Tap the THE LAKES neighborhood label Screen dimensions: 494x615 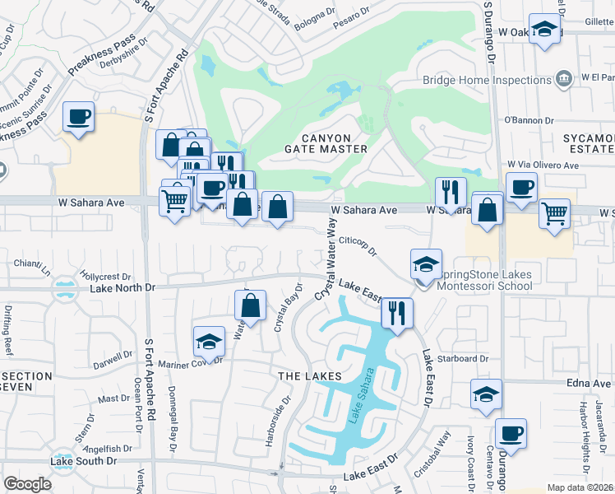tap(309, 376)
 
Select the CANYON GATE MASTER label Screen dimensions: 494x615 tap(326, 143)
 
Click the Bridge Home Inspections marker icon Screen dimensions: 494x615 tap(564, 80)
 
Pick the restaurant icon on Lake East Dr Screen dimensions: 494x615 tap(397, 314)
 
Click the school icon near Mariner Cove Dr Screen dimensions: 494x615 tap(210, 342)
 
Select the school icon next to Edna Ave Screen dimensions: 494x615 tap(487, 394)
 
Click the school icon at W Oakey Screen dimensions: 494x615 tap(544, 30)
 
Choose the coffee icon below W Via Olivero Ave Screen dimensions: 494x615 tap(521, 188)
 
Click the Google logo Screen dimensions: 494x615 tap(28, 484)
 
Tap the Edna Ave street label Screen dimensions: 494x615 tap(589, 383)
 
